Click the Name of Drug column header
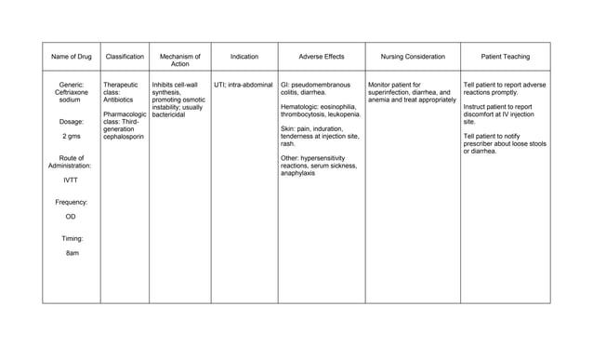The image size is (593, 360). coord(71,57)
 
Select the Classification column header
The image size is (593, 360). coord(125,57)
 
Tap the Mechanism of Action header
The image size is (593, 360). coord(180,60)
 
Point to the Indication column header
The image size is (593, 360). coord(244,57)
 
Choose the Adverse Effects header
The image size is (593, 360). coord(321,57)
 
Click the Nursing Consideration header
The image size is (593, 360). coord(413,57)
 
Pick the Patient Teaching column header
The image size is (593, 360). coord(506,57)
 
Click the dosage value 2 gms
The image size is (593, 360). coord(71,136)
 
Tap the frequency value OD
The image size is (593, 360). coord(71,216)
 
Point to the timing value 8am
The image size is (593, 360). coord(71,253)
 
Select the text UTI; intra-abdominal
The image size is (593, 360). coord(244,85)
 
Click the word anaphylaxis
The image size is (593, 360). coord(298,173)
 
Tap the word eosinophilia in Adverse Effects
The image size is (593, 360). coord(336,107)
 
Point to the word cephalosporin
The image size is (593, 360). coord(125,137)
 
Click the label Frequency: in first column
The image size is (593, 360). coord(71,202)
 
